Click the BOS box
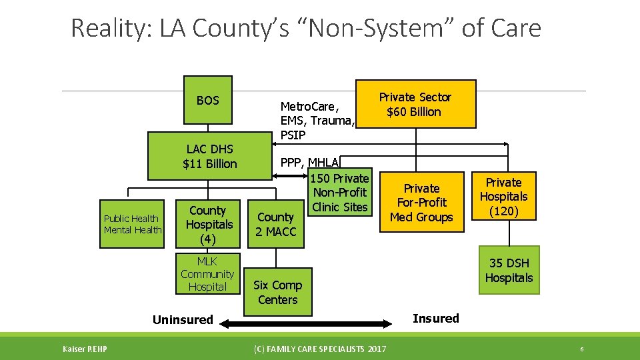[208, 101]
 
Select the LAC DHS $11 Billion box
[210, 157]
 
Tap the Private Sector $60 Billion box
[415, 104]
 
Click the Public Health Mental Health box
[133, 224]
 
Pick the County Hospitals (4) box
[209, 225]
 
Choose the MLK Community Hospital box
[207, 274]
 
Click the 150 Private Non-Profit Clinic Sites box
[340, 193]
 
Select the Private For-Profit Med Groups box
[421, 203]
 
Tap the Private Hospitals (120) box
[503, 197]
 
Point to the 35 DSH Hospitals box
[509, 271]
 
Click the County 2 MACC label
[275, 225]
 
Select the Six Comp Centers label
[277, 292]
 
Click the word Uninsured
[183, 320]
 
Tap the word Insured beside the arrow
[435, 319]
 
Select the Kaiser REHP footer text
[85, 349]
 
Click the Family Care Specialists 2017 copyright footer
[319, 349]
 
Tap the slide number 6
[582, 349]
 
